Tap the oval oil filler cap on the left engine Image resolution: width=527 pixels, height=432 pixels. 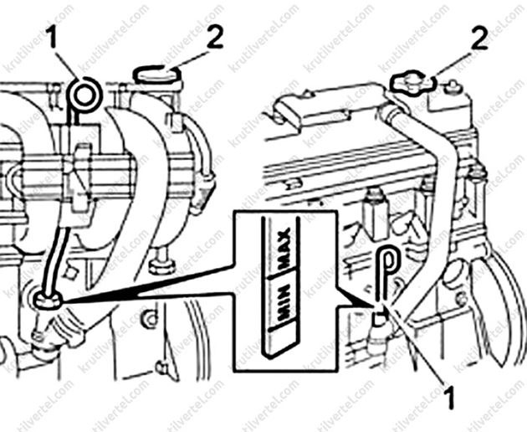coord(156,75)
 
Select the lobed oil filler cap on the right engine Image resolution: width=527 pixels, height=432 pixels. coord(413,82)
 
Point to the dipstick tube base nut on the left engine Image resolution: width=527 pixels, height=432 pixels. coord(48,300)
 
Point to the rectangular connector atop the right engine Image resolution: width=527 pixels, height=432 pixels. coord(308,107)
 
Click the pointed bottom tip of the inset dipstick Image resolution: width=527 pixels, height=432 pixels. coord(266,356)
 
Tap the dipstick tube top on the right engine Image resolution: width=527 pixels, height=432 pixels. coord(379,317)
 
